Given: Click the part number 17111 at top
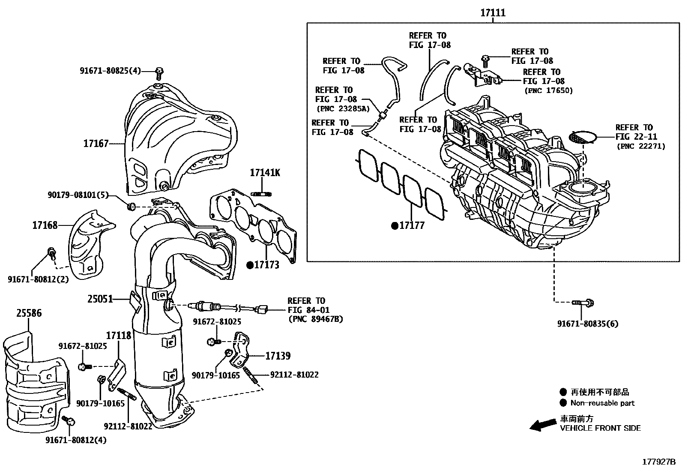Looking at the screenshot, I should pyautogui.click(x=493, y=13).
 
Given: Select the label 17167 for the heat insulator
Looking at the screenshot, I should pyautogui.click(x=96, y=144).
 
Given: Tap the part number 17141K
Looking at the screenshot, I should pyautogui.click(x=265, y=173).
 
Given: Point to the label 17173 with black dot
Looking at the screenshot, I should pyautogui.click(x=266, y=265).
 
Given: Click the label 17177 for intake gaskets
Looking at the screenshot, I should pyautogui.click(x=412, y=226).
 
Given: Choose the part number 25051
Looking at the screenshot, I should pyautogui.click(x=100, y=299).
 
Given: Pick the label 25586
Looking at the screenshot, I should pyautogui.click(x=29, y=313).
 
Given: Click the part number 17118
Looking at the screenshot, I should pyautogui.click(x=118, y=335).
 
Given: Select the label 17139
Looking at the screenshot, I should pyautogui.click(x=278, y=356).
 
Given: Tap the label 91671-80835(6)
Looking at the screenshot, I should pyautogui.click(x=588, y=324).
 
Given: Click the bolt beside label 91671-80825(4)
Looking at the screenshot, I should pyautogui.click(x=159, y=73).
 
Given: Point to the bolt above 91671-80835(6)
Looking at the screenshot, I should pyautogui.click(x=583, y=303).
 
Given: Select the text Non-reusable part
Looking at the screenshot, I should pyautogui.click(x=602, y=403).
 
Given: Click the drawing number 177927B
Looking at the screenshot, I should pyautogui.click(x=658, y=462).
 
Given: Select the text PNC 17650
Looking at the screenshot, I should pyautogui.click(x=548, y=90).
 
